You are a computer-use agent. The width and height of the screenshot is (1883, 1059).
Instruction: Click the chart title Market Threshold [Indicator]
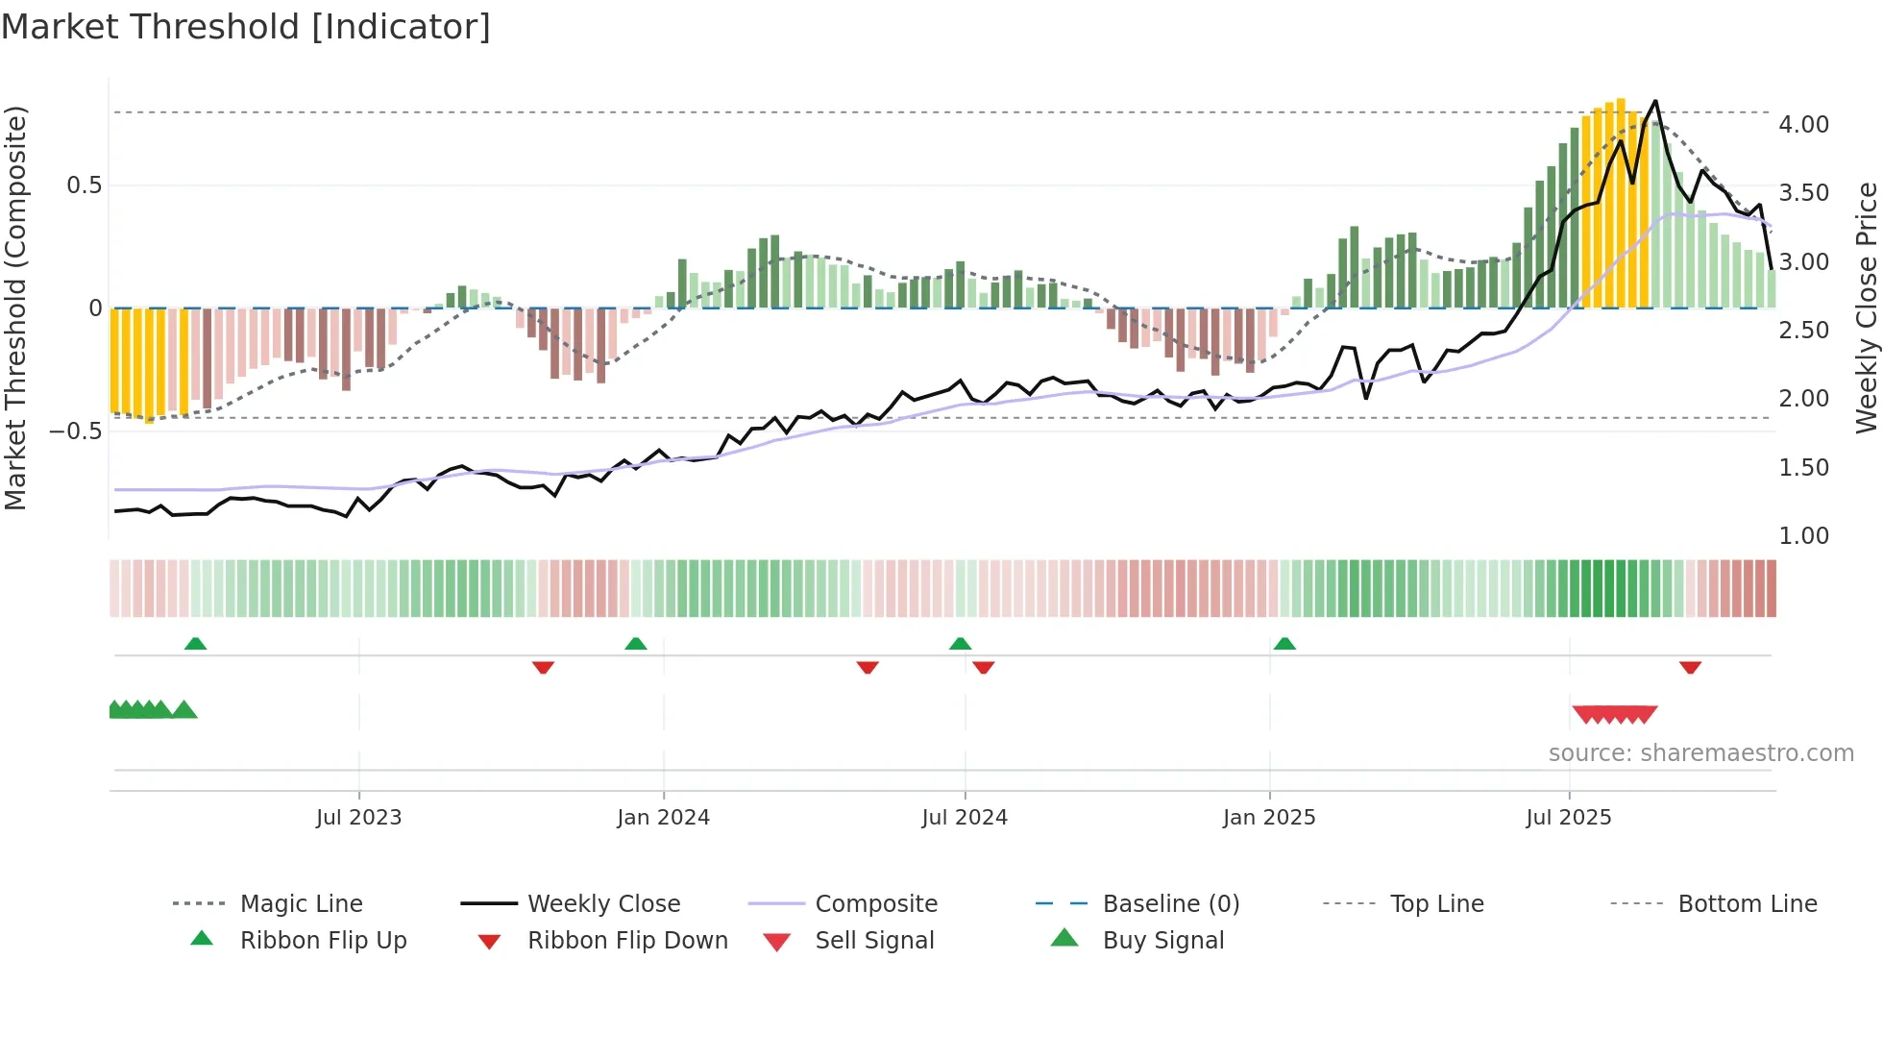(246, 27)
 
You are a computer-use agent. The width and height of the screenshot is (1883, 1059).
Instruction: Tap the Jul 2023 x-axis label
(358, 818)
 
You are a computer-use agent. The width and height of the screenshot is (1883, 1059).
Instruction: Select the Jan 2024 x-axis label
(663, 818)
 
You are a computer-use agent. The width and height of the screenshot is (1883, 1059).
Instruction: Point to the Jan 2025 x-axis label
(1268, 818)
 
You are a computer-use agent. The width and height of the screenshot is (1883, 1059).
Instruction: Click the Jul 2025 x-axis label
(1568, 818)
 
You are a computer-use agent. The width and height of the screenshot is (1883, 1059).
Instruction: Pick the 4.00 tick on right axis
(1803, 125)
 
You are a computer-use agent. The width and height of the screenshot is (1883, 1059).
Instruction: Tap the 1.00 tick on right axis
(1803, 536)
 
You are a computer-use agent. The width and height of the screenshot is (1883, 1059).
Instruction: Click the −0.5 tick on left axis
(76, 431)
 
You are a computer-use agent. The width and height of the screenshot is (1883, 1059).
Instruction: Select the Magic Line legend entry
(301, 904)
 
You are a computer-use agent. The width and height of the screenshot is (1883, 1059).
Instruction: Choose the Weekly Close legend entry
(603, 904)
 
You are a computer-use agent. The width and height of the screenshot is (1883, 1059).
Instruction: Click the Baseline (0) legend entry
(1170, 904)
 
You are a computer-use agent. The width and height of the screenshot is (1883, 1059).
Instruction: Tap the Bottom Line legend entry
(1747, 904)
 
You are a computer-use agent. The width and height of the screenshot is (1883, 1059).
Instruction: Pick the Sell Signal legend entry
(874, 941)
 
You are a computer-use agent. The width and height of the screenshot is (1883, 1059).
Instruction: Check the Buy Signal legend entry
(1162, 941)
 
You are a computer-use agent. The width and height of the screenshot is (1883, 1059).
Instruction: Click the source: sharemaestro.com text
(1700, 753)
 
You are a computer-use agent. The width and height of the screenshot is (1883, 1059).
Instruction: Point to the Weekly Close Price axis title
(1866, 308)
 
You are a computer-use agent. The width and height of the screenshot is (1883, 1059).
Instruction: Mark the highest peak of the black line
(1654, 101)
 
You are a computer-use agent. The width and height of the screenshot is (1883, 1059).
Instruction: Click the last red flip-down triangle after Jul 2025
(1690, 667)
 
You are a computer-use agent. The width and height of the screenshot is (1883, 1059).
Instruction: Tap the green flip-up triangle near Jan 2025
(1284, 644)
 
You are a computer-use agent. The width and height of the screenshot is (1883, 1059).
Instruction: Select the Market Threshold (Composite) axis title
(15, 308)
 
